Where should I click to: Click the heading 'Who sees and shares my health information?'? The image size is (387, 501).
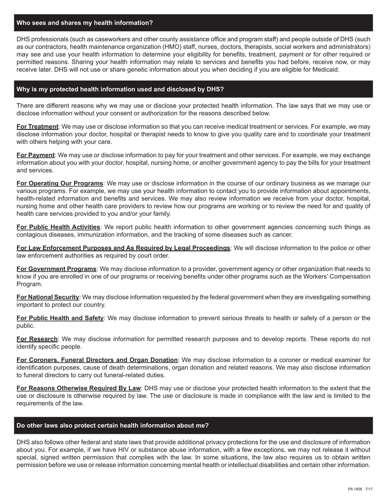(x=85, y=23)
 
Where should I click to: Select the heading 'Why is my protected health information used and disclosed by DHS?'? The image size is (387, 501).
(x=120, y=89)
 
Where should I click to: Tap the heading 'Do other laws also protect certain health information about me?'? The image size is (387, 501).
(x=112, y=425)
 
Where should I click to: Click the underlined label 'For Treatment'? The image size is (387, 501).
(x=37, y=127)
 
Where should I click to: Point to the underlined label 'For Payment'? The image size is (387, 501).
(x=35, y=155)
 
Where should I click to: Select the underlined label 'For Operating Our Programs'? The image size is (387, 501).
(x=60, y=184)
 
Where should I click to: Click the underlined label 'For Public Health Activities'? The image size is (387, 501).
(x=58, y=227)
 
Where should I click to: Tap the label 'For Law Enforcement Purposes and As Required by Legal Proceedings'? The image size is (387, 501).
(x=123, y=248)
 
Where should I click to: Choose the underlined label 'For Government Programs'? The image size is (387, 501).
(x=57, y=269)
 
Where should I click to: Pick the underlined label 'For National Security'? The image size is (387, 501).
(x=48, y=297)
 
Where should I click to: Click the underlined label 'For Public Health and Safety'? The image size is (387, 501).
(x=60, y=318)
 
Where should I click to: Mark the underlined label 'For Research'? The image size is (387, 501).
(x=37, y=339)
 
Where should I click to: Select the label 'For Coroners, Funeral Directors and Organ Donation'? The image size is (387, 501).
(x=97, y=360)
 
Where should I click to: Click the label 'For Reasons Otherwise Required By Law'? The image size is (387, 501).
(x=79, y=388)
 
